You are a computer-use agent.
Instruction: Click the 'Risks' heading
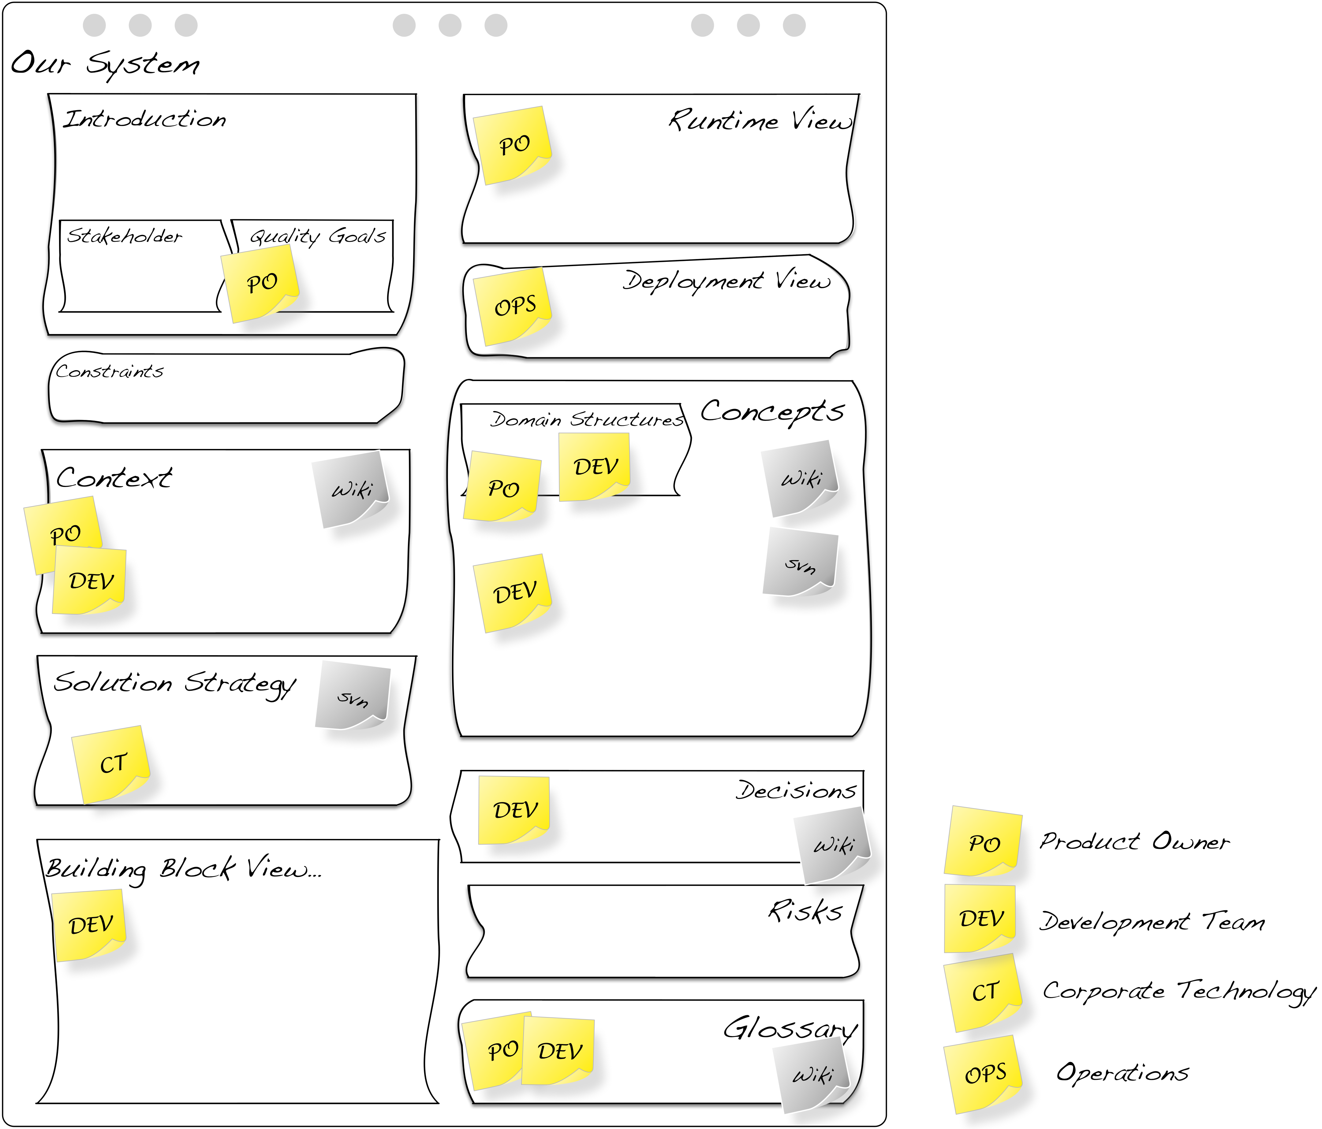(805, 911)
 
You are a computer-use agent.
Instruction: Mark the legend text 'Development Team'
(1152, 922)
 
